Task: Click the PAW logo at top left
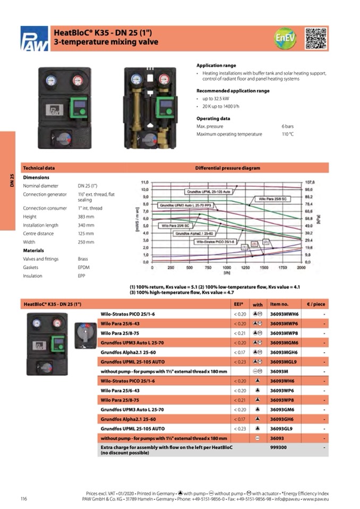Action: pos(35,39)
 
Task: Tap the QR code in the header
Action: pos(315,38)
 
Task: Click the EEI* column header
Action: pos(238,304)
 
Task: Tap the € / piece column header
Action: pos(315,304)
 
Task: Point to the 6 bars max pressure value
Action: pos(287,126)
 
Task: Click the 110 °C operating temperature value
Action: pos(287,134)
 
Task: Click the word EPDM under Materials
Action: pos(84,268)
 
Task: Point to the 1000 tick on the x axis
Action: pos(227,268)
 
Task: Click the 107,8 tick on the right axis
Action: pos(310,182)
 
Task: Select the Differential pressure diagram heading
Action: pos(227,168)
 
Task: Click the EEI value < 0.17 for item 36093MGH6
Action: pos(240,352)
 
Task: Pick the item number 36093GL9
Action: pos(281,428)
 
